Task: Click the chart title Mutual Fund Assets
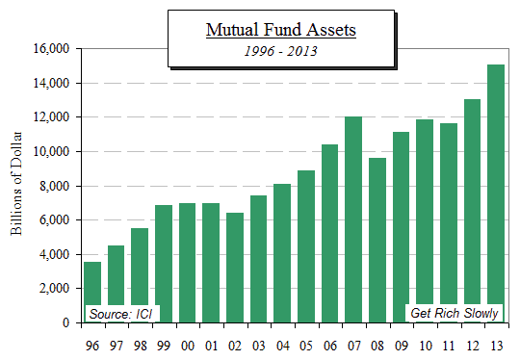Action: pos(281,30)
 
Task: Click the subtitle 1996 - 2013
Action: pos(281,51)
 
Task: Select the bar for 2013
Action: pos(496,193)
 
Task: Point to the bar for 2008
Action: pos(377,240)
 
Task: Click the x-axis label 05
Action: pos(306,346)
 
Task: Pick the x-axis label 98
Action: pos(140,346)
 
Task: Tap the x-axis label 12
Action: pos(472,346)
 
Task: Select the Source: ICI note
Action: pos(123,313)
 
